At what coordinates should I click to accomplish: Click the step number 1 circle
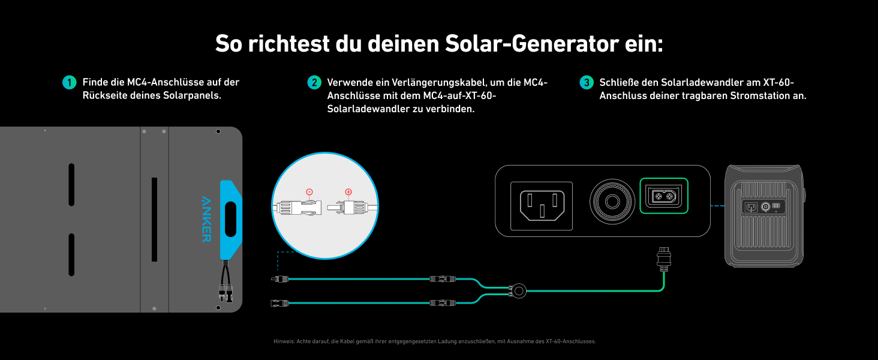click(x=70, y=82)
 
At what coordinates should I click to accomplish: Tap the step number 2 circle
click(x=314, y=82)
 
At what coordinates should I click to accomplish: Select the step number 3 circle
click(x=587, y=82)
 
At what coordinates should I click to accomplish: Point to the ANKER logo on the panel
click(x=206, y=218)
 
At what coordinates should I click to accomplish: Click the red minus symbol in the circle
click(x=309, y=192)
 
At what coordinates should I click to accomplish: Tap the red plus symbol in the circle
click(x=348, y=192)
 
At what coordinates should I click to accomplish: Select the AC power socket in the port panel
click(x=542, y=206)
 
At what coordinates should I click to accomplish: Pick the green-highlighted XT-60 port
click(x=664, y=196)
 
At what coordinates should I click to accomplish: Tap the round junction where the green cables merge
click(x=518, y=291)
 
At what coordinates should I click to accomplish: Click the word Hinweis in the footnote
click(x=283, y=341)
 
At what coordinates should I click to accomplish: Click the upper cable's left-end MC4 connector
click(x=279, y=279)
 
